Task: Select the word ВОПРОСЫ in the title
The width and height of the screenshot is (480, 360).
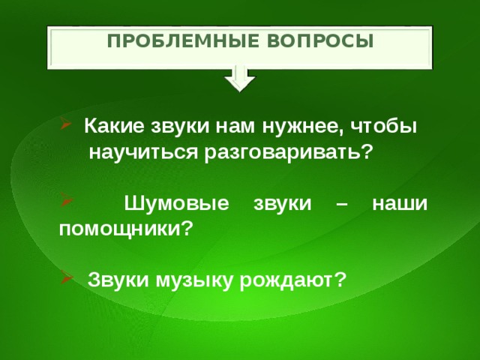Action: click(324, 40)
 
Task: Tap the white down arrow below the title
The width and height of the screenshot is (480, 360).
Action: click(239, 77)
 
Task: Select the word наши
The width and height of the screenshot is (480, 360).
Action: click(400, 202)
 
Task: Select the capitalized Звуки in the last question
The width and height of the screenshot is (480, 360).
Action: click(119, 280)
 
